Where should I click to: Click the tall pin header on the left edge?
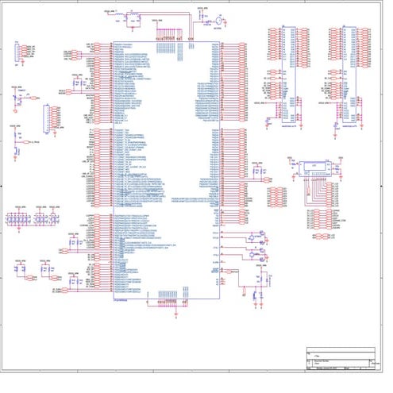pos(53,118)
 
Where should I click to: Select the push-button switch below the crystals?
pos(258,279)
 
